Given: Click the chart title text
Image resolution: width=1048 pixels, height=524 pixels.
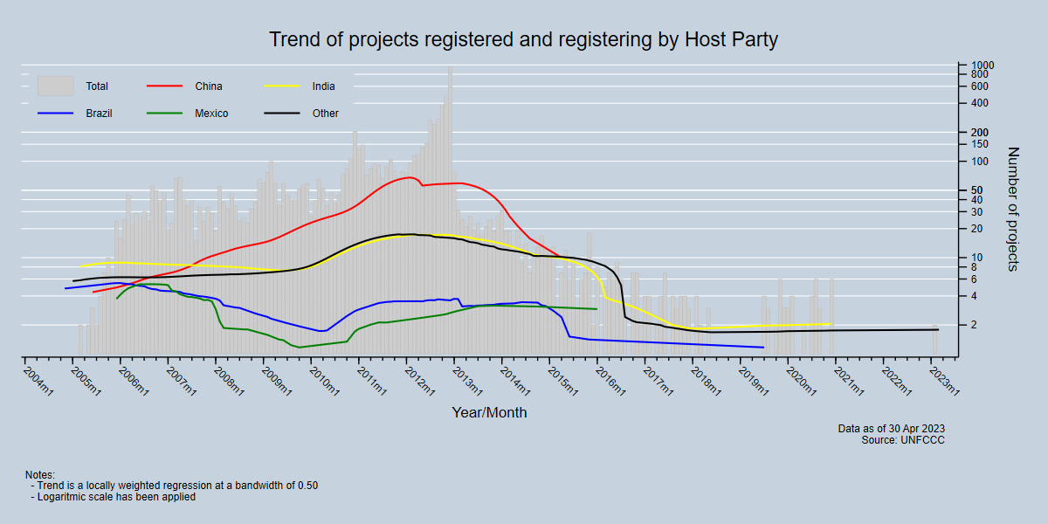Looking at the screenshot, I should pos(523,40).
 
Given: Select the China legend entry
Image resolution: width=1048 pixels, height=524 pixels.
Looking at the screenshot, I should pos(209,86).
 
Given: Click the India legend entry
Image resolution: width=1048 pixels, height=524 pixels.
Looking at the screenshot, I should pos(323,86).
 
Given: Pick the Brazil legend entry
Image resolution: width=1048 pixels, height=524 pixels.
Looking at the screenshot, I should pos(99,114).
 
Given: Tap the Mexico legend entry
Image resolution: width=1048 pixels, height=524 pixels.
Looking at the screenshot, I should pos(211,114).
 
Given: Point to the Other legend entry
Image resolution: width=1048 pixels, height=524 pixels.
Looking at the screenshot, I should pos(325,114).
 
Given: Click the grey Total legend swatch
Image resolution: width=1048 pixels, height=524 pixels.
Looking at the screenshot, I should pos(55,86).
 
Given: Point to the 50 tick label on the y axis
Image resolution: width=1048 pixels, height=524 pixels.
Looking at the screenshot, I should pos(976,190).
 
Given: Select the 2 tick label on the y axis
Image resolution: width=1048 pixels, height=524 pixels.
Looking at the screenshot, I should pos(974,325).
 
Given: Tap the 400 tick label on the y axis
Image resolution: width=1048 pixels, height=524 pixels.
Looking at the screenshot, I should pos(979,104).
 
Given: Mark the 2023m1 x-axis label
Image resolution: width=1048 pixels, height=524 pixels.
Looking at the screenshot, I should pos(945,378).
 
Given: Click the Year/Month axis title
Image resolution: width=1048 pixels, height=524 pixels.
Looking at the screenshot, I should pos(489,412).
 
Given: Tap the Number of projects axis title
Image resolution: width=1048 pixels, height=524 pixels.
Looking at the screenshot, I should pos(1014,209).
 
